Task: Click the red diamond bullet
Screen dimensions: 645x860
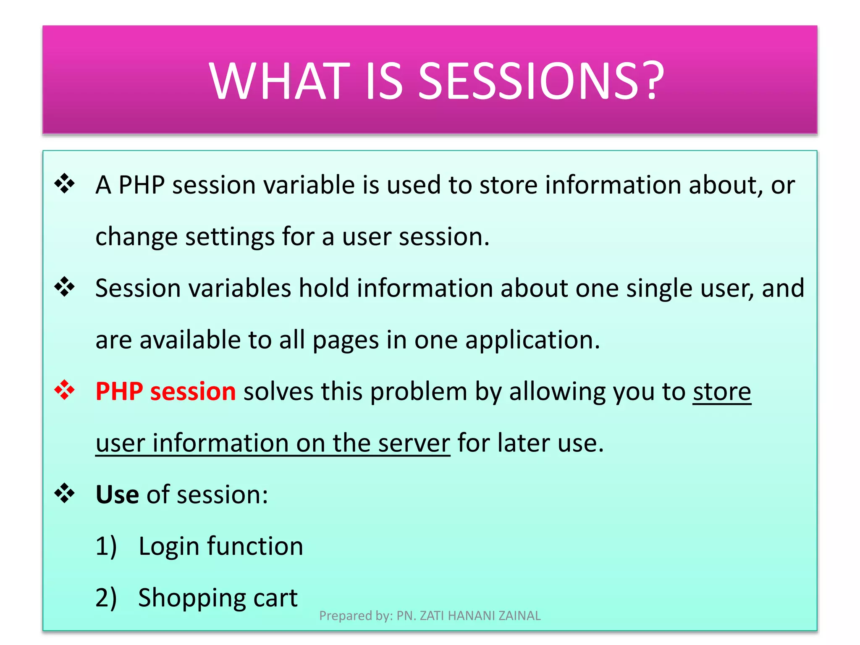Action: tap(64, 390)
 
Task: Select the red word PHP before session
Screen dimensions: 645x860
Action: tap(119, 391)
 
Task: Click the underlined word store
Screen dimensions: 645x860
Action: tap(721, 391)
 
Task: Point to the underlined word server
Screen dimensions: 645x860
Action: tap(414, 443)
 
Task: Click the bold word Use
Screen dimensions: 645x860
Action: tap(117, 495)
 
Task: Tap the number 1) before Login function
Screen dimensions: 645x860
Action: tap(106, 546)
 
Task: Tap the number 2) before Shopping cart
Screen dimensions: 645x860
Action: tap(106, 598)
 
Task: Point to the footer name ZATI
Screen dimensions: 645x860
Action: tap(432, 616)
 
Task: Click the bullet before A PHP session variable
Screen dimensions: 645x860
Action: tap(64, 184)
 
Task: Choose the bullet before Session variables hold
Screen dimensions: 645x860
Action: tap(64, 287)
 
